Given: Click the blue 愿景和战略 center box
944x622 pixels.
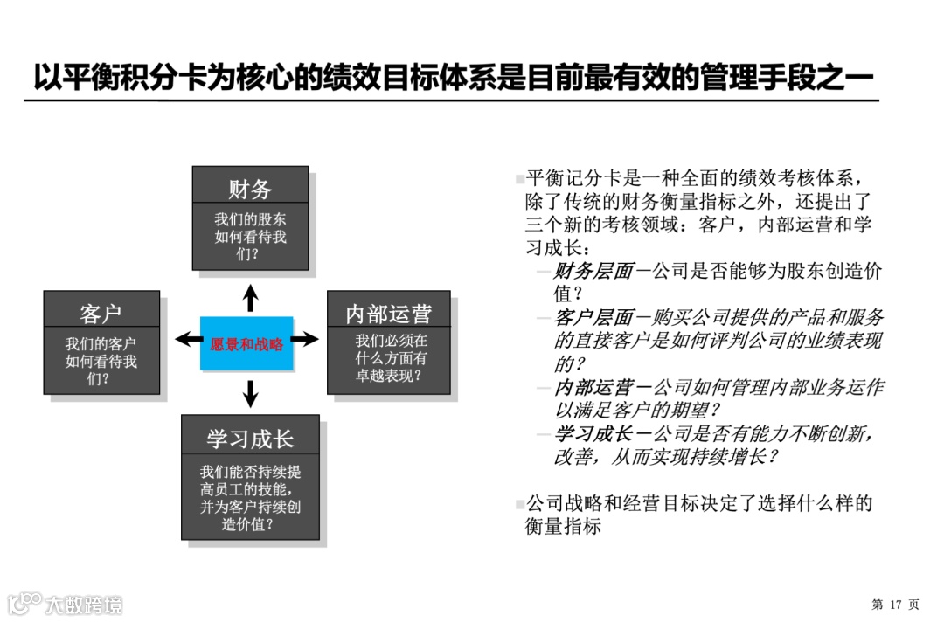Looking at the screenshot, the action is coord(247,343).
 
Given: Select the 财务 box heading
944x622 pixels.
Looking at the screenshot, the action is coord(250,189).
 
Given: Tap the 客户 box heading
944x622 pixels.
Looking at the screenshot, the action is coord(101,313).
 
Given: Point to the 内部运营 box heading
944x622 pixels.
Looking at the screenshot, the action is coord(388,313).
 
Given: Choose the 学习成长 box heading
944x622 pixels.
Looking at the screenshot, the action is coord(250,438).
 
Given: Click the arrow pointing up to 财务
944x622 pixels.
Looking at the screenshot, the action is coord(251,297).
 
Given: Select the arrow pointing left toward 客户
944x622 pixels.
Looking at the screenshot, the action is coord(187,339).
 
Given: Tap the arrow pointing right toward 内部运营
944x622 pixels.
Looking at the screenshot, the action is coord(305,339).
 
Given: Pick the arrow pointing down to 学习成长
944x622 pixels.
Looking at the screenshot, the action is coord(251,393).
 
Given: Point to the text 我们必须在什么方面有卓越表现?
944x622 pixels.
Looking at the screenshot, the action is coord(388,358).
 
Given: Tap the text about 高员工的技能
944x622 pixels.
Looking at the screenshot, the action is coord(250,498).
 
